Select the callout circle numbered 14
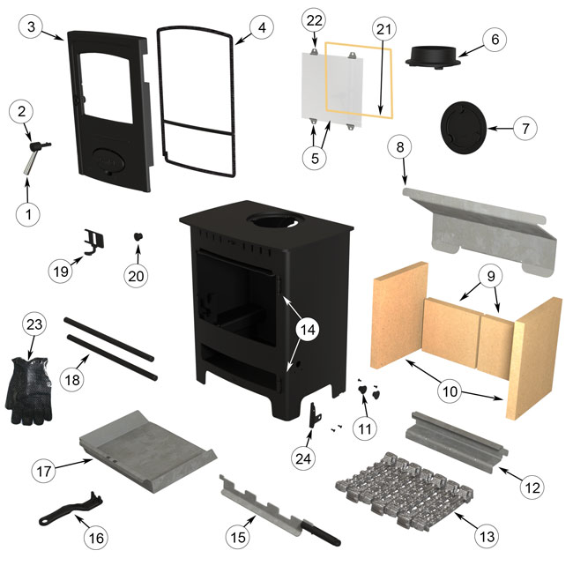(x=308, y=331)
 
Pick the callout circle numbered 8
(x=401, y=148)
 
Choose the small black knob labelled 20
(x=138, y=237)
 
